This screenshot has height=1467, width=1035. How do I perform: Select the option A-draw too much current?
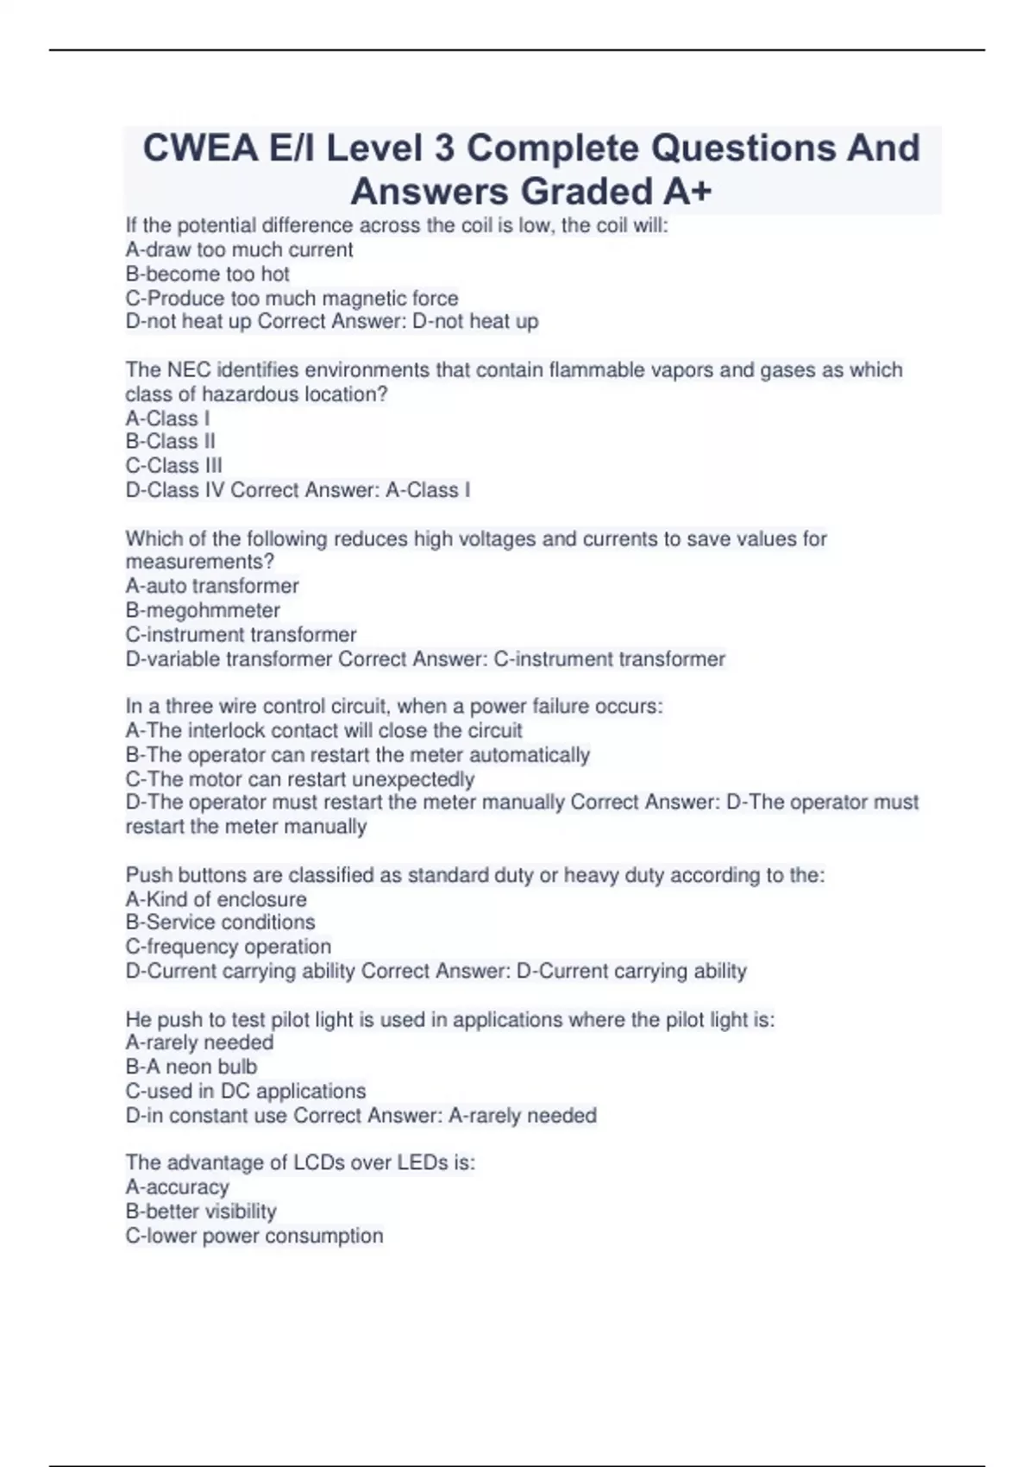click(x=239, y=250)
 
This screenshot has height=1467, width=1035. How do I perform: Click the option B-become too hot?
click(x=207, y=274)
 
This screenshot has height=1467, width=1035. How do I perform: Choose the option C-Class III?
click(x=173, y=466)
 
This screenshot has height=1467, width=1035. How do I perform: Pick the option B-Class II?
click(x=170, y=442)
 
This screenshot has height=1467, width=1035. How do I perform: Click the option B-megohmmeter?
click(x=203, y=611)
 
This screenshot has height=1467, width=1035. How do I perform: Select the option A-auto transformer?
click(x=212, y=587)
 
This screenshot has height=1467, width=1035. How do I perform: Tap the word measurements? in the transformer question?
click(x=200, y=563)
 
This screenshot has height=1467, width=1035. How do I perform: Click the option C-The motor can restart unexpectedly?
click(x=300, y=779)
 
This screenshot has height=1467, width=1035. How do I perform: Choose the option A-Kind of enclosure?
click(x=216, y=899)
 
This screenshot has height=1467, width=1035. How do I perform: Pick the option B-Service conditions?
click(x=220, y=922)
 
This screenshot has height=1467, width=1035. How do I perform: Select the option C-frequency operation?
click(x=228, y=947)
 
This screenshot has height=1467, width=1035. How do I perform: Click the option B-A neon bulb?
click(x=191, y=1067)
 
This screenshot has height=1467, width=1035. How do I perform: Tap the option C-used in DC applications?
click(x=246, y=1091)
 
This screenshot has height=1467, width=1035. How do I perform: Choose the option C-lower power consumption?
click(x=254, y=1236)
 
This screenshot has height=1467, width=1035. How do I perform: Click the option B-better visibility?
click(x=201, y=1212)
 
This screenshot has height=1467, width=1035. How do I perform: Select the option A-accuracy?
click(x=177, y=1187)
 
